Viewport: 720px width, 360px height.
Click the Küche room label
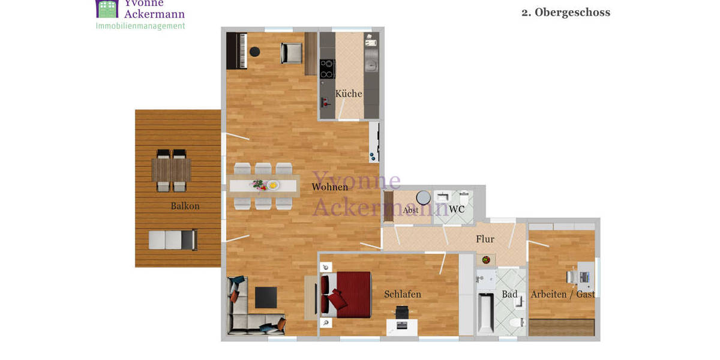349,94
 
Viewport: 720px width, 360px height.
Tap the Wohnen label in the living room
329,187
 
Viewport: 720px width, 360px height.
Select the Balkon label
185,206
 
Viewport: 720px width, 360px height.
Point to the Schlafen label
403,294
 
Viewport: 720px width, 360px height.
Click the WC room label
457,209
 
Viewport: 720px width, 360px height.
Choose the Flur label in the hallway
485,239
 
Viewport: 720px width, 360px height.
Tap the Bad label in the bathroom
509,294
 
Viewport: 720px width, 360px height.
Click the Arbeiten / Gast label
563,294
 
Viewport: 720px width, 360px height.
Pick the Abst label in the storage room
411,211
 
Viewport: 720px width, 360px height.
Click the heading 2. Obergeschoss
565,13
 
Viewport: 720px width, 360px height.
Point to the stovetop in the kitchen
327,68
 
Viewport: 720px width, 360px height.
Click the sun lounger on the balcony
172,240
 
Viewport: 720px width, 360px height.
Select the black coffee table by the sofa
266,297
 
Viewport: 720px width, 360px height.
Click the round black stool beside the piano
256,52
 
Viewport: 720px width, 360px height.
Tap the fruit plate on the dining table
274,185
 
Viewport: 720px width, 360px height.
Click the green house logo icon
107,8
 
